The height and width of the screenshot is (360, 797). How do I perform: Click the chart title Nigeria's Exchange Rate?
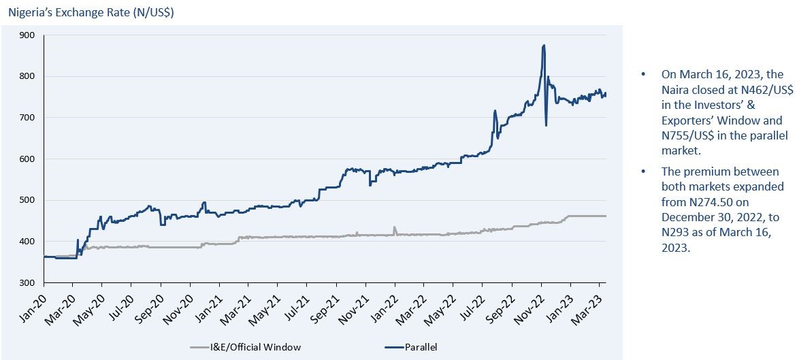pyautogui.click(x=91, y=12)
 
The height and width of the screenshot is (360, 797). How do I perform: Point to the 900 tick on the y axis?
pyautogui.click(x=28, y=35)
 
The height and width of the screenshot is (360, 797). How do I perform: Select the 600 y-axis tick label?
pyautogui.click(x=28, y=159)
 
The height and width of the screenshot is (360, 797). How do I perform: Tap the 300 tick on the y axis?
pyautogui.click(x=28, y=282)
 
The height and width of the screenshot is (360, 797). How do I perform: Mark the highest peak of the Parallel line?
pyautogui.click(x=543, y=46)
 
